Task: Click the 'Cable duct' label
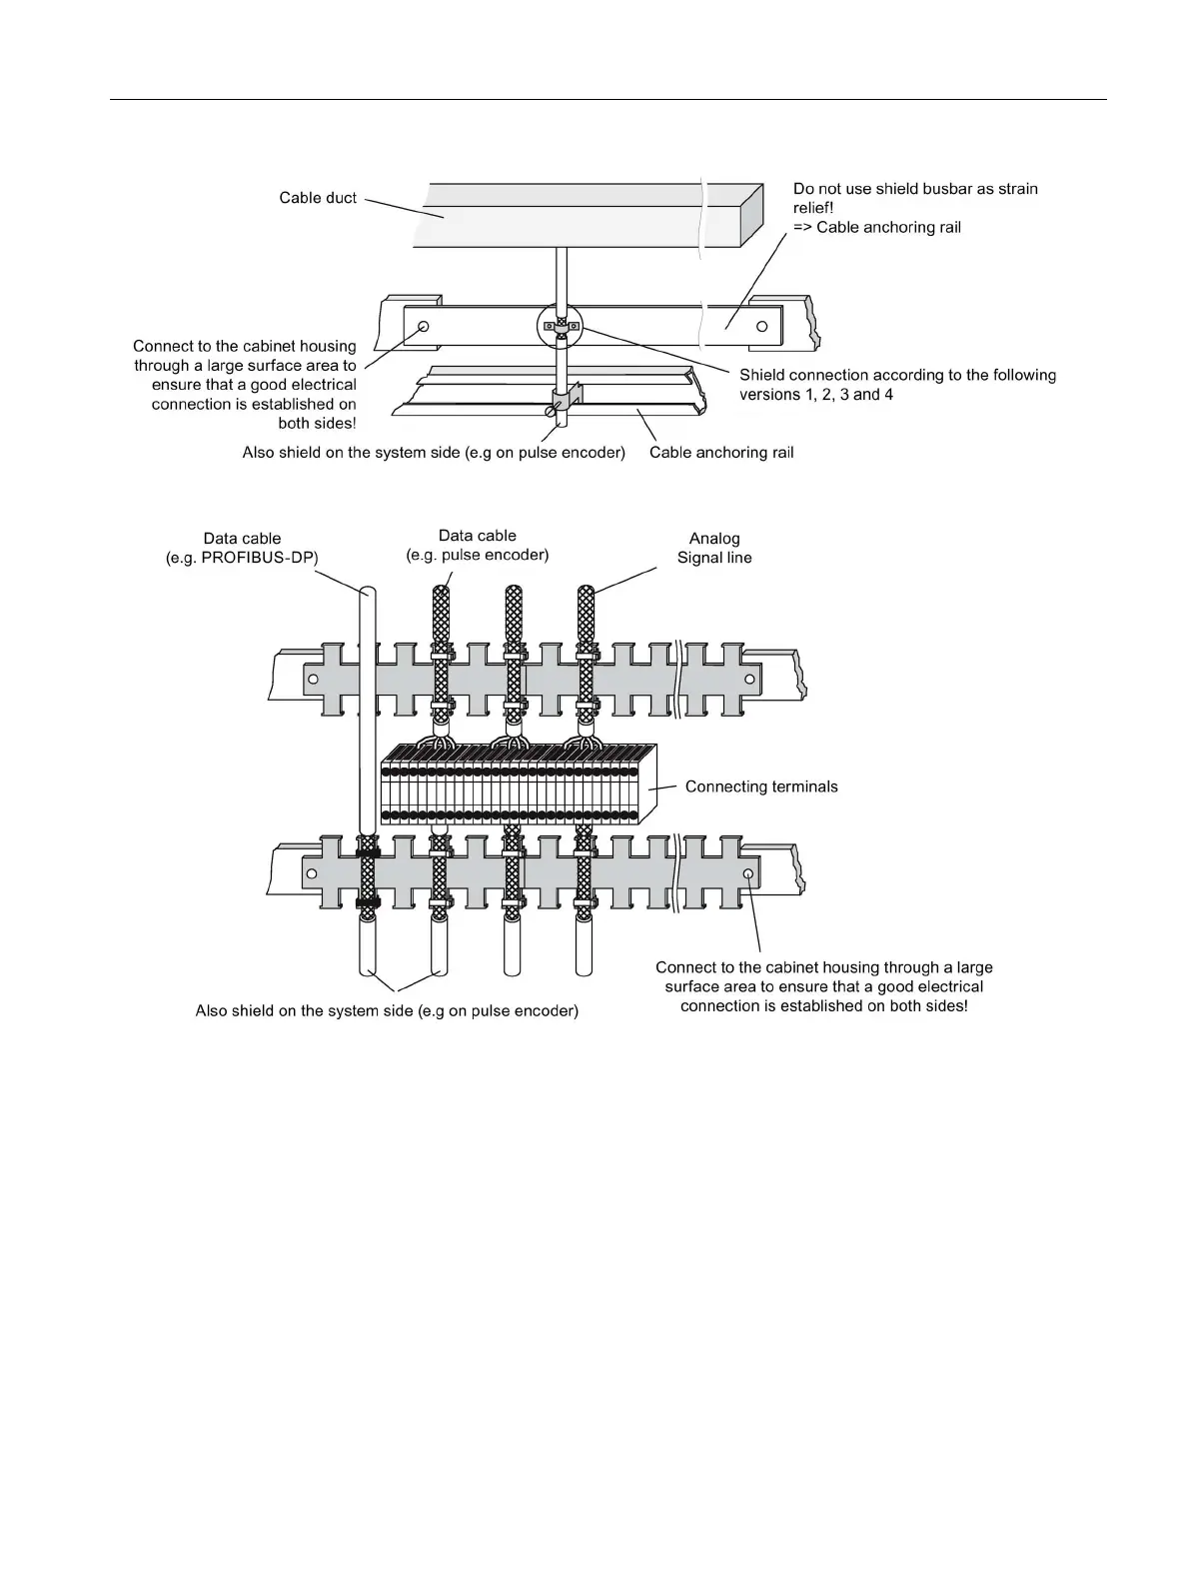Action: coord(318,198)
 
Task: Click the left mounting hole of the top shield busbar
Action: coord(425,327)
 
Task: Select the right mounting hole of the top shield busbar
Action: coord(762,326)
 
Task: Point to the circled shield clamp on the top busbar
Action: coord(561,327)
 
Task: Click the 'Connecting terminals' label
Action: coord(761,787)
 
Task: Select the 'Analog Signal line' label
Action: coord(714,548)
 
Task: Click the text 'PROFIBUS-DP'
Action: coord(259,558)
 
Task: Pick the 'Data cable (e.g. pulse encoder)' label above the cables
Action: coord(478,545)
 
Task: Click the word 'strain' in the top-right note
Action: coord(1014,189)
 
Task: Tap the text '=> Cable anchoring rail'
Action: coord(877,227)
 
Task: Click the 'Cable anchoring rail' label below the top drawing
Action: coord(721,453)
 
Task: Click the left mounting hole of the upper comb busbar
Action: coord(313,680)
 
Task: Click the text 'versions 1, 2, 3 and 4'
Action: coord(816,394)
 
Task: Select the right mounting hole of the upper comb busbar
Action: coord(748,680)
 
